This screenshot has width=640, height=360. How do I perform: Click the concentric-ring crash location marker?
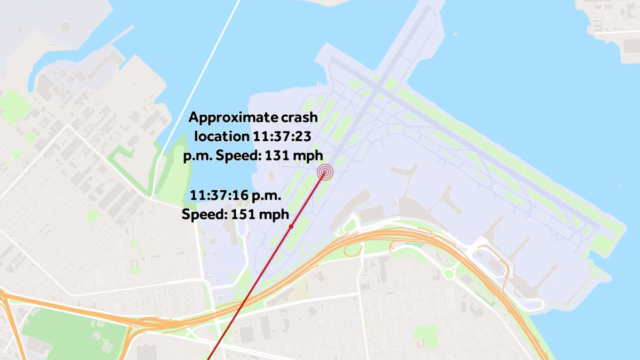[x=324, y=172]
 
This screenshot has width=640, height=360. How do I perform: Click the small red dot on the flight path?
[x=291, y=227]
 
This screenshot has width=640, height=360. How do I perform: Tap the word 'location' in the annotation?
[x=220, y=136]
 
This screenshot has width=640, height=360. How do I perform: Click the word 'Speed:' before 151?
[x=205, y=214]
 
